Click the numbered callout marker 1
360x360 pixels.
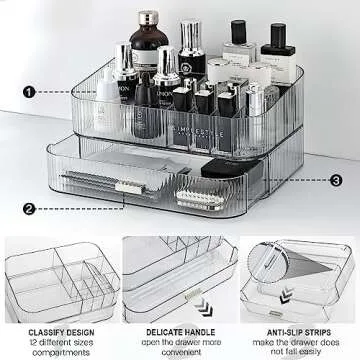point(29,91)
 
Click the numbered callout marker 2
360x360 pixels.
point(29,208)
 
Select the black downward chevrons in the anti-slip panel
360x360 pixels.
point(289,300)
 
